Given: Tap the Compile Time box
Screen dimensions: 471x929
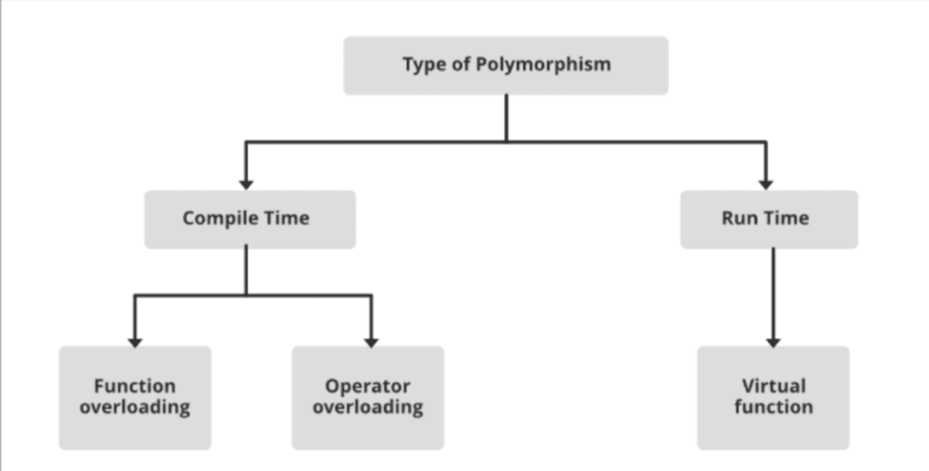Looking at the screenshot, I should [x=249, y=219].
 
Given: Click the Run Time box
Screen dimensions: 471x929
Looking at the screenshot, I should [x=769, y=219].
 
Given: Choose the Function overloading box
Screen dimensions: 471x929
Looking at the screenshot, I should [x=135, y=397].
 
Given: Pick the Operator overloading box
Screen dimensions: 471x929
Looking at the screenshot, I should [x=367, y=397].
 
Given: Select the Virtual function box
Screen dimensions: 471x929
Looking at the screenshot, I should [x=773, y=397].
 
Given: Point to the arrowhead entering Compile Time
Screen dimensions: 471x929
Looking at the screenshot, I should [x=246, y=183].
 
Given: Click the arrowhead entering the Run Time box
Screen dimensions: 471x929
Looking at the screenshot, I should [x=766, y=183].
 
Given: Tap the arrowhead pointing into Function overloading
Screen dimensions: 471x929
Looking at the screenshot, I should [x=135, y=339].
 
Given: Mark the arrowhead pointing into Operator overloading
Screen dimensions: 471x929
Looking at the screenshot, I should [x=371, y=339].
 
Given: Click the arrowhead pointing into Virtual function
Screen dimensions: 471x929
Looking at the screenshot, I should [x=774, y=339].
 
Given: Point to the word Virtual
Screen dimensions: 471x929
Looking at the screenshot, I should [x=774, y=386].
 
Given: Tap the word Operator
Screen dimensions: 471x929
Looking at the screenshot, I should [x=368, y=386].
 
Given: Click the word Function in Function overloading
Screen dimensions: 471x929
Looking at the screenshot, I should [x=135, y=386].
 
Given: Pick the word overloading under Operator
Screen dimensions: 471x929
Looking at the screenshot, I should [x=368, y=408].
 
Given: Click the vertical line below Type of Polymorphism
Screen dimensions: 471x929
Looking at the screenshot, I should [x=506, y=118].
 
